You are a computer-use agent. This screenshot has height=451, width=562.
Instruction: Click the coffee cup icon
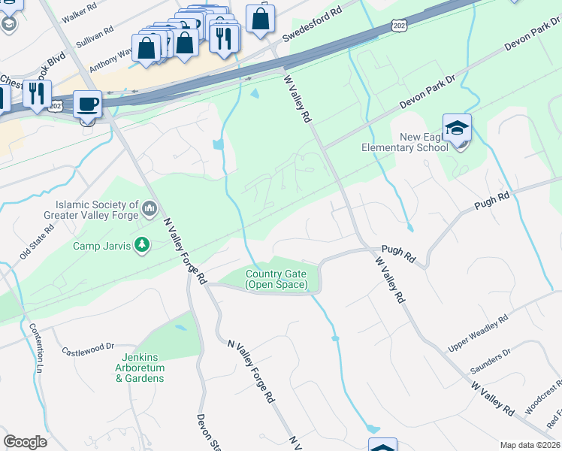point(88,103)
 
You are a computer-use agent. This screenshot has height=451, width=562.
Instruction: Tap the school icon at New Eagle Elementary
point(457,129)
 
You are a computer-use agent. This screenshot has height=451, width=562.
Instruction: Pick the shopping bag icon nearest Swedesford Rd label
point(260,20)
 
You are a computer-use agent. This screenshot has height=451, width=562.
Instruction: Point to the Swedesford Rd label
point(312,25)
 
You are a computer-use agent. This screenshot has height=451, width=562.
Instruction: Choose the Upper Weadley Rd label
point(479,333)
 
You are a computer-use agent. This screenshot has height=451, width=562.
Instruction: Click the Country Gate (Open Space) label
point(276,279)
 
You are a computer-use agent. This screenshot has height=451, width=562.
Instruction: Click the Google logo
point(25,442)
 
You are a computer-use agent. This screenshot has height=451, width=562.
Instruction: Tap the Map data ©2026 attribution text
point(530,445)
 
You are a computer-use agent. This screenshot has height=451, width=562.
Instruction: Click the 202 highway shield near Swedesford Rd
point(398,26)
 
